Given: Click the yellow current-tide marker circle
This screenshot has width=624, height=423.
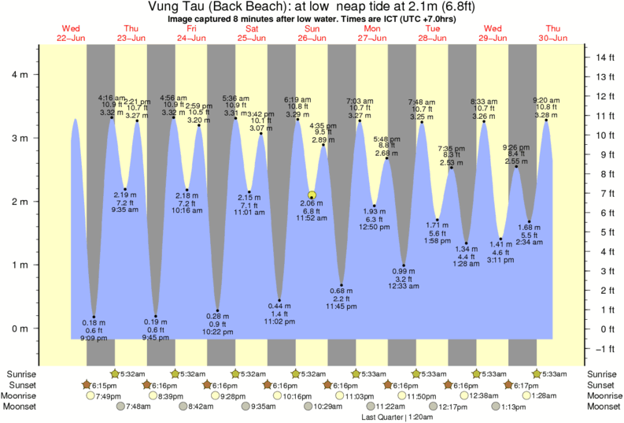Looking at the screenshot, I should coord(312,195).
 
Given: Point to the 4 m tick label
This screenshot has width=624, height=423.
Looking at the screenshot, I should coord(27,74).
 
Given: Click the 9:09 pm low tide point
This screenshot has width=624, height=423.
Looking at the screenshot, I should coord(94,317).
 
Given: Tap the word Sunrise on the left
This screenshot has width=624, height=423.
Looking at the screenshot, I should coord(22,373).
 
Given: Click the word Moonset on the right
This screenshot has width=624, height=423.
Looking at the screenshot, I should coord(601,406).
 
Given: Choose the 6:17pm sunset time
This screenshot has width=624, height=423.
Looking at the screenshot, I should coord(522,384).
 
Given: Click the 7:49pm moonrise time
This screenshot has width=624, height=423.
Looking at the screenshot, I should coord(107,395).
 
